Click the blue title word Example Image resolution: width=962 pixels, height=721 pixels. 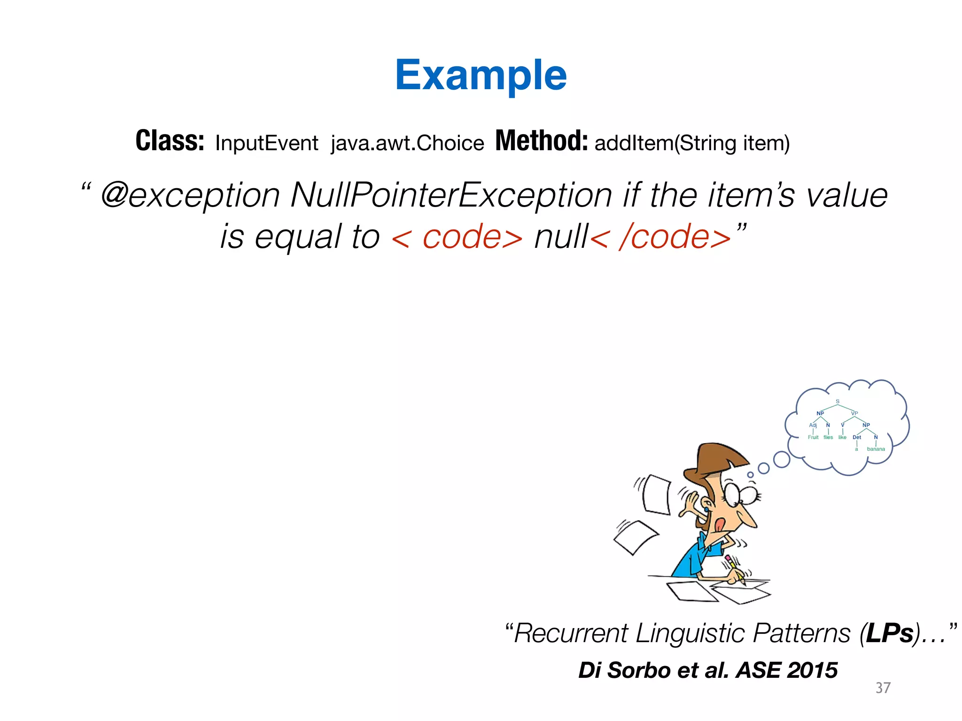(481, 76)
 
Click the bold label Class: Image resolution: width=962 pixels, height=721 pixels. (170, 141)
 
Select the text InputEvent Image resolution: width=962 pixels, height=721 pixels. (266, 143)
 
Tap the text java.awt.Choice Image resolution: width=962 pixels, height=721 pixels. (407, 143)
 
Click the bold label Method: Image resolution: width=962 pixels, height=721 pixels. (541, 141)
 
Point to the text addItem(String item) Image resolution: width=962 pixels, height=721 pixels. (692, 143)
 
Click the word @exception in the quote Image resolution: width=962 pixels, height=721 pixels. (190, 195)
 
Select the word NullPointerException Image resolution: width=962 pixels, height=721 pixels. (451, 195)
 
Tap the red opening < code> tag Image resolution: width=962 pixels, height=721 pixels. (457, 237)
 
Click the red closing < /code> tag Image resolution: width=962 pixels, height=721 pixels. (660, 237)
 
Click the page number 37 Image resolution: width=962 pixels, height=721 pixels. (883, 688)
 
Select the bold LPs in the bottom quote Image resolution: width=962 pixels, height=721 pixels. (890, 633)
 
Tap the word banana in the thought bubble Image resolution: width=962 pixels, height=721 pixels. (876, 449)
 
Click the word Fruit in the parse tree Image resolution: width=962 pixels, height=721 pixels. (813, 437)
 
